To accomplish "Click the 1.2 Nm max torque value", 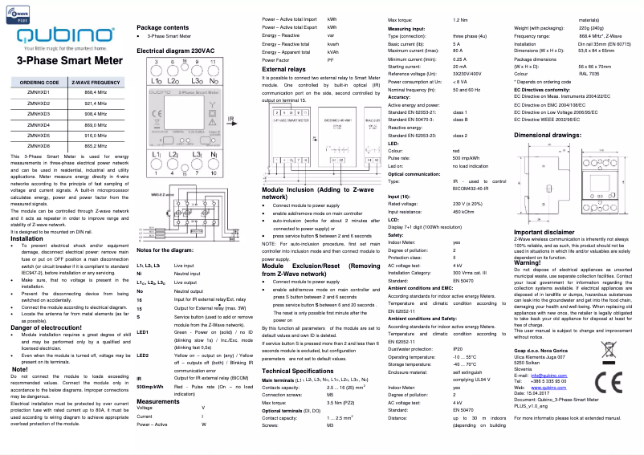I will pos(460,19).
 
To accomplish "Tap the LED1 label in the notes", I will pos(144,331).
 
